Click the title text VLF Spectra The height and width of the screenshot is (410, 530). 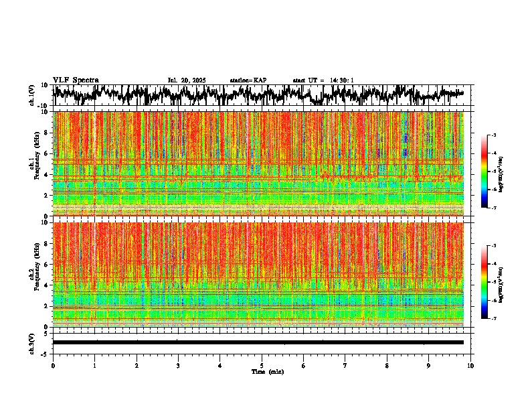[76, 80]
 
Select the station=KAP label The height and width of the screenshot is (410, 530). [248, 80]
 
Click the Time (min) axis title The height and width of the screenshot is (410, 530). [267, 371]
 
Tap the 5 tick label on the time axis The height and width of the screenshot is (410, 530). [262, 365]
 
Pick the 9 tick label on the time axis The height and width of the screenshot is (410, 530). [429, 365]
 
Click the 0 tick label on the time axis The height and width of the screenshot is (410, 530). [53, 365]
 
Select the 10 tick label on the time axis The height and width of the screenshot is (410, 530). [470, 365]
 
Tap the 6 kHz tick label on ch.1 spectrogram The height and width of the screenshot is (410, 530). [47, 153]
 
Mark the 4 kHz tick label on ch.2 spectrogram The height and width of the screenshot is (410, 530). [47, 285]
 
